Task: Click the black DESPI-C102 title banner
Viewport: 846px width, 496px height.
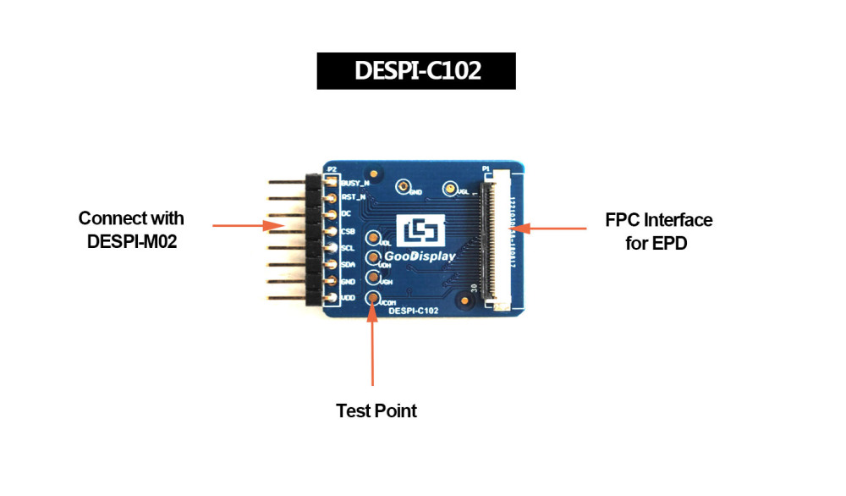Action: (x=415, y=71)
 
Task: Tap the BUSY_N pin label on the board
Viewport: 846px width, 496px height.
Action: (x=354, y=182)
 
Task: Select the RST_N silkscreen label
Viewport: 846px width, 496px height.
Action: (x=352, y=197)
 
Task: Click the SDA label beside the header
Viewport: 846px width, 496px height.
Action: (x=347, y=265)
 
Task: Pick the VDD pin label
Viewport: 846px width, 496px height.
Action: (x=347, y=298)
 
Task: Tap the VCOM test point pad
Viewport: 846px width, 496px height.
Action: (x=372, y=298)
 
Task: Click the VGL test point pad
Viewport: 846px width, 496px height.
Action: (x=451, y=189)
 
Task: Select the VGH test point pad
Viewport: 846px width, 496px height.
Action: (x=372, y=277)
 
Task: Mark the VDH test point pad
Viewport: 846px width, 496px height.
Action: (x=372, y=258)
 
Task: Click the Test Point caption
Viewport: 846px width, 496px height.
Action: (x=376, y=411)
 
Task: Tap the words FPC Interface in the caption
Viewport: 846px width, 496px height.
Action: (x=658, y=220)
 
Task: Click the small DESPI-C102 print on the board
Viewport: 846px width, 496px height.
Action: (x=413, y=311)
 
